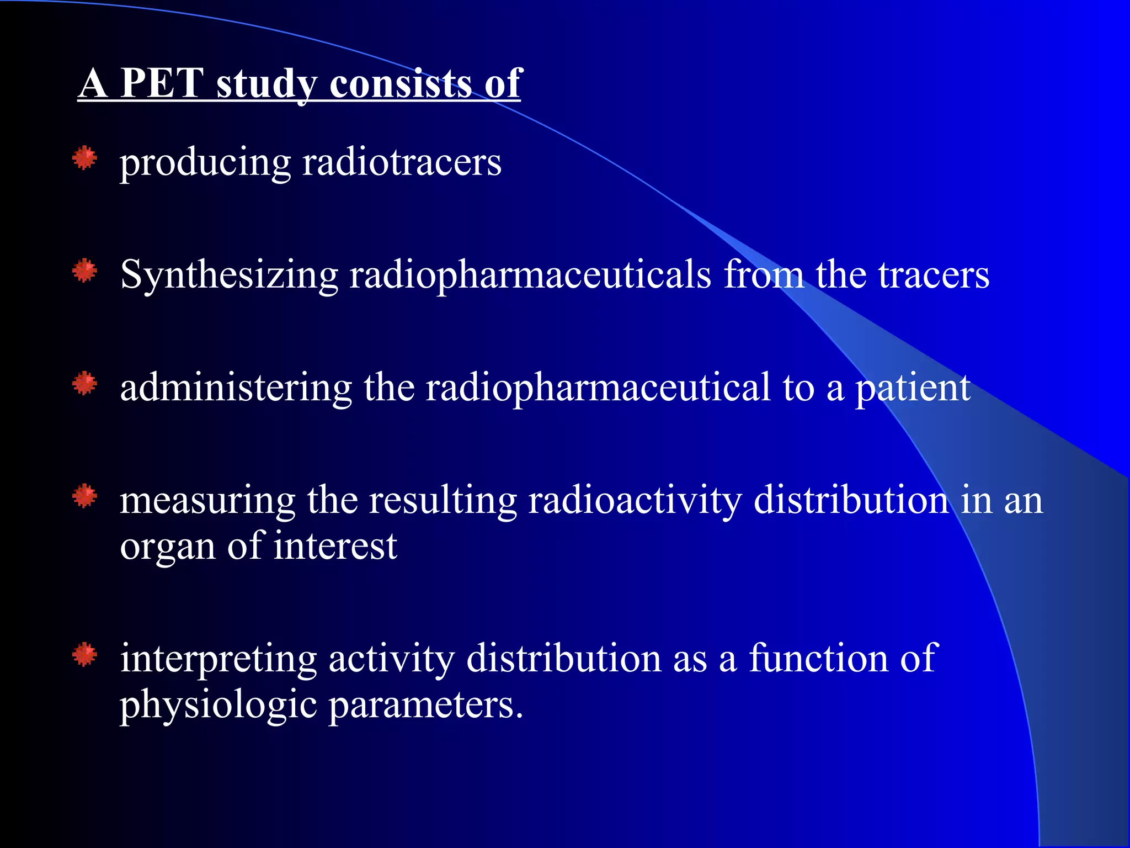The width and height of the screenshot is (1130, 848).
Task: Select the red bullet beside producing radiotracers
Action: tap(84, 158)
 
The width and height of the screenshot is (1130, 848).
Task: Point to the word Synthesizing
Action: tap(229, 275)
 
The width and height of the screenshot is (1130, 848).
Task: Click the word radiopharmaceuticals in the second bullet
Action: tap(530, 275)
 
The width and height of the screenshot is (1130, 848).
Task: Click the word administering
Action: tap(236, 388)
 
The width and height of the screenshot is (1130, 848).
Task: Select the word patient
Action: tap(913, 389)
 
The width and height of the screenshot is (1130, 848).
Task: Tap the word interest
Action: tap(335, 546)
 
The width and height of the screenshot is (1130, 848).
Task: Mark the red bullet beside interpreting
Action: tap(84, 655)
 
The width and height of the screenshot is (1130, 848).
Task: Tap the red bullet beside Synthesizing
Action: tap(84, 271)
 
